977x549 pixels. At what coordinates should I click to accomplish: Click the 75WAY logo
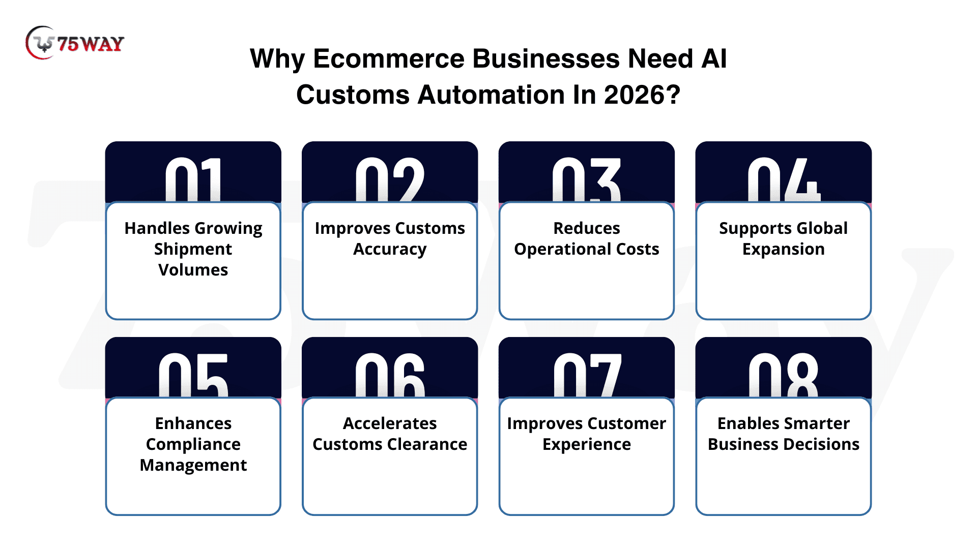pyautogui.click(x=75, y=43)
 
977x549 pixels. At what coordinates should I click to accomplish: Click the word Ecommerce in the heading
pyautogui.click(x=389, y=58)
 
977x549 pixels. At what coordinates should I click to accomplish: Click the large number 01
pyautogui.click(x=193, y=179)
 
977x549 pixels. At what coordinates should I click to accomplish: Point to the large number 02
pyautogui.click(x=390, y=179)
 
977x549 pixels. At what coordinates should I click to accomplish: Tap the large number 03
pyautogui.click(x=587, y=179)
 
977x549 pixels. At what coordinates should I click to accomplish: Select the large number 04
pyautogui.click(x=784, y=179)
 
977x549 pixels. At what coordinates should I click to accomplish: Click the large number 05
pyautogui.click(x=193, y=375)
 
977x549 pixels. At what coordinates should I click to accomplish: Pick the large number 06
pyautogui.click(x=390, y=375)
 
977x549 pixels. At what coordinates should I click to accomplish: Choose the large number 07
pyautogui.click(x=587, y=375)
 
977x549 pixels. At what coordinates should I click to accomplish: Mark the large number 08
pyautogui.click(x=784, y=375)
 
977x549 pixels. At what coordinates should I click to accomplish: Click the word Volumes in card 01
pyautogui.click(x=193, y=269)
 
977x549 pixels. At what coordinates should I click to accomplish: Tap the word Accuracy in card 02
pyautogui.click(x=390, y=249)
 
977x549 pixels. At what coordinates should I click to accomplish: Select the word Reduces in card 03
pyautogui.click(x=587, y=228)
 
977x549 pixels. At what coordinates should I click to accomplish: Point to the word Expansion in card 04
pyautogui.click(x=784, y=249)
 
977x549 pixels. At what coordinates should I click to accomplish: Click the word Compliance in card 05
pyautogui.click(x=193, y=444)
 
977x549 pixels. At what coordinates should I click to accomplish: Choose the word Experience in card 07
pyautogui.click(x=587, y=444)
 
